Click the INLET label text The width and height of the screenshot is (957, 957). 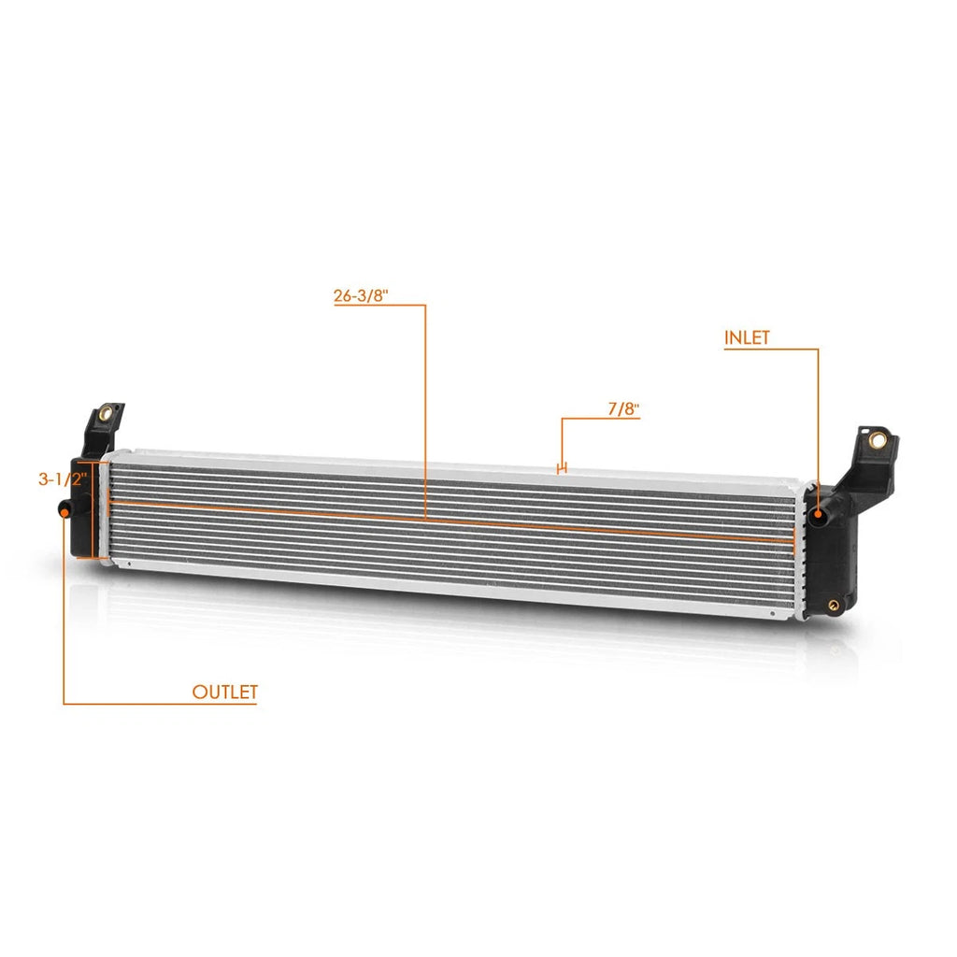click(x=747, y=337)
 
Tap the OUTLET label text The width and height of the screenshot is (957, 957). click(x=224, y=693)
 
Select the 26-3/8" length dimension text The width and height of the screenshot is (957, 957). click(x=361, y=295)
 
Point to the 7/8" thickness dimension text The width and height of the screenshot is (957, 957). click(x=623, y=408)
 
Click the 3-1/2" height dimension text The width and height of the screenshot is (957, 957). click(x=63, y=479)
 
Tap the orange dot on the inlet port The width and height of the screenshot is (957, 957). click(x=817, y=516)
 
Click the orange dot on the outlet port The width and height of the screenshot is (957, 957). click(x=64, y=511)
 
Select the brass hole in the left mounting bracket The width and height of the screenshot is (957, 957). click(x=105, y=412)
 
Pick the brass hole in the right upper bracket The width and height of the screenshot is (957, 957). click(x=878, y=439)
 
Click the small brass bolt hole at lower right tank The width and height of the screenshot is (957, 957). click(x=834, y=605)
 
